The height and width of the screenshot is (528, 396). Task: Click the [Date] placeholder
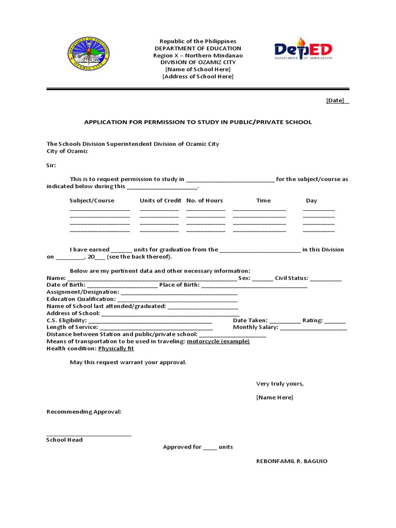coord(335,101)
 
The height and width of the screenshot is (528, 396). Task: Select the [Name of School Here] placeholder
coord(197,69)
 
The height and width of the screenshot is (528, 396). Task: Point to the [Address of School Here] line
coord(197,76)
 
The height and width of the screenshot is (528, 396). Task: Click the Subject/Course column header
coord(92,201)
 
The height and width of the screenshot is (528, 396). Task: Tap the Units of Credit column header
coord(160,201)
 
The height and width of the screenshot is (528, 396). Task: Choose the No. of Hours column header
coord(205,201)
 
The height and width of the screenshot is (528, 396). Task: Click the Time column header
coord(263,201)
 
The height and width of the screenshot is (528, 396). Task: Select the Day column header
coord(311,201)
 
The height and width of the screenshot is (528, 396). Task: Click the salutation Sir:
coord(52,166)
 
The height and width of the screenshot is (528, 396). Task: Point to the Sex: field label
coord(244,278)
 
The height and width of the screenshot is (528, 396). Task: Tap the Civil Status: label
coord(291,278)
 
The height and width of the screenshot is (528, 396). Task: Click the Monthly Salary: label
coord(255,327)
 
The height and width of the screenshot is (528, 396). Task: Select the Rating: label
coord(312,320)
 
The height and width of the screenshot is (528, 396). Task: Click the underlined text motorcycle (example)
coord(218,341)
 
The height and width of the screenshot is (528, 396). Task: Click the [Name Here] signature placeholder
coord(274,398)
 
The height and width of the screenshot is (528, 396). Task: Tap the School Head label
coord(64,440)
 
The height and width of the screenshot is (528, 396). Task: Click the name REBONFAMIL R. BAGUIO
coord(291,461)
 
